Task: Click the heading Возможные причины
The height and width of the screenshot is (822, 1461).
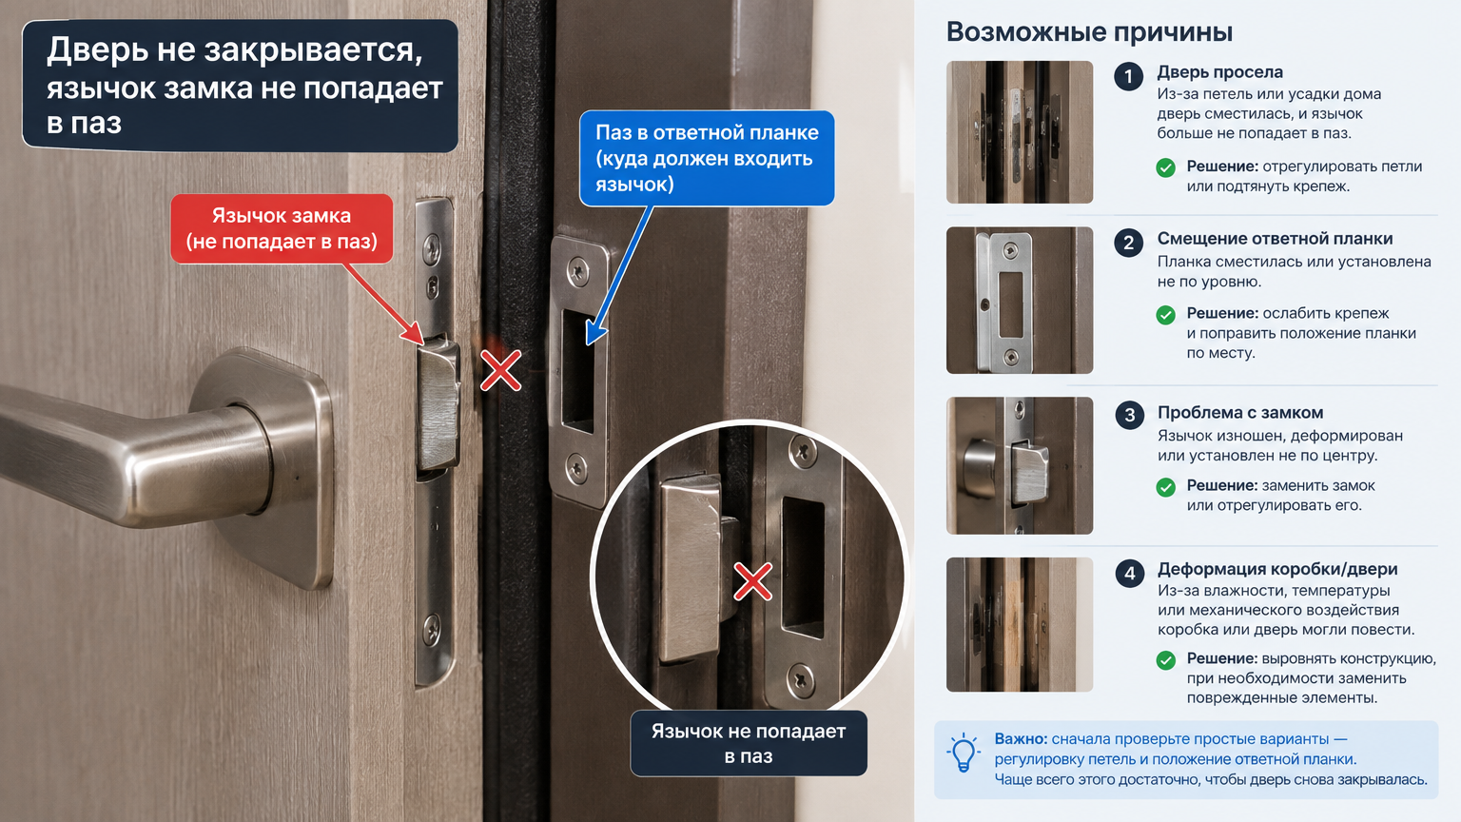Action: pyautogui.click(x=1089, y=32)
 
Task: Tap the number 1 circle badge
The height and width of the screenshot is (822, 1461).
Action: pyautogui.click(x=1128, y=77)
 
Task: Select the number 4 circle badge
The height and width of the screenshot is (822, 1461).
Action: pyautogui.click(x=1129, y=574)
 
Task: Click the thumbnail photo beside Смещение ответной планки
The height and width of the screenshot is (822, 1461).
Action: pyautogui.click(x=1020, y=300)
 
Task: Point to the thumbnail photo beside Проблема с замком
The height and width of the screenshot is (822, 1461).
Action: pyautogui.click(x=1020, y=466)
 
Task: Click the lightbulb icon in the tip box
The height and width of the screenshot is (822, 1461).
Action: pyautogui.click(x=964, y=753)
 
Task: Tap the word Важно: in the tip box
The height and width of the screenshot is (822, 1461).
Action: pyautogui.click(x=1021, y=739)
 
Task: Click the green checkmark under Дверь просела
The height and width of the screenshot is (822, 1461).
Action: pyautogui.click(x=1165, y=167)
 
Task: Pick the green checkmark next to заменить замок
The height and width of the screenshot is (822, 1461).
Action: pyautogui.click(x=1165, y=487)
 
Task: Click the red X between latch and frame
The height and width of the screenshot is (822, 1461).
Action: pyautogui.click(x=501, y=370)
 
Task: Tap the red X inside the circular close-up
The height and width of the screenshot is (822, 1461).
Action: pyautogui.click(x=753, y=581)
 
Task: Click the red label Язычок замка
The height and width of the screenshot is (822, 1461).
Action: pyautogui.click(x=282, y=228)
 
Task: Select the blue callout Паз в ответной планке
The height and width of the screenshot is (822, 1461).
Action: pyautogui.click(x=707, y=158)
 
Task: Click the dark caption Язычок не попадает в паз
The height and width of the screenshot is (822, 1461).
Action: pyautogui.click(x=749, y=743)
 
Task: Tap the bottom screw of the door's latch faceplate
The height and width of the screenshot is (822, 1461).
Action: pyautogui.click(x=432, y=629)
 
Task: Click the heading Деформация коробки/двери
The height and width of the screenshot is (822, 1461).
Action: pyautogui.click(x=1277, y=570)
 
